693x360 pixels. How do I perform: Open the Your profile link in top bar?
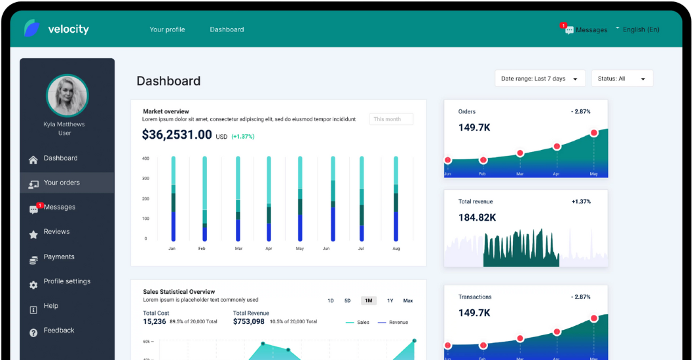pyautogui.click(x=167, y=29)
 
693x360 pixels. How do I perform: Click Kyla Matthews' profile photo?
pyautogui.click(x=67, y=96)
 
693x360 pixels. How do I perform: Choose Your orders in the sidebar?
pyautogui.click(x=62, y=183)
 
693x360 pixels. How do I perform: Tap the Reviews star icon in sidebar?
pyautogui.click(x=33, y=234)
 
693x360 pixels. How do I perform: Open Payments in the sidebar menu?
pyautogui.click(x=59, y=257)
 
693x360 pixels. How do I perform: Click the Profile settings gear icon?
pyautogui.click(x=33, y=285)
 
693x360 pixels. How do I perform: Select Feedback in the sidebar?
pyautogui.click(x=59, y=331)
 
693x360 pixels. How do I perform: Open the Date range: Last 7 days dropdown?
pyautogui.click(x=540, y=79)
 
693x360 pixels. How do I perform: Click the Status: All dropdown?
pyautogui.click(x=622, y=79)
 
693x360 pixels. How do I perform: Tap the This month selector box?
pyautogui.click(x=391, y=119)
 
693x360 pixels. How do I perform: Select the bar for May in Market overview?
pyautogui.click(x=300, y=199)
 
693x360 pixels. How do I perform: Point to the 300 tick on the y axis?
pyautogui.click(x=145, y=178)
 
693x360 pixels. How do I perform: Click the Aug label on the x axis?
pyautogui.click(x=396, y=249)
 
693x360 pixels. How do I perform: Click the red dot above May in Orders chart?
pyautogui.click(x=593, y=133)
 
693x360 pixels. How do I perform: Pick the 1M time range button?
pyautogui.click(x=368, y=300)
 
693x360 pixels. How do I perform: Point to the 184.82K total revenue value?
pyautogui.click(x=477, y=217)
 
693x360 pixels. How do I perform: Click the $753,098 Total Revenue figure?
pyautogui.click(x=249, y=321)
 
